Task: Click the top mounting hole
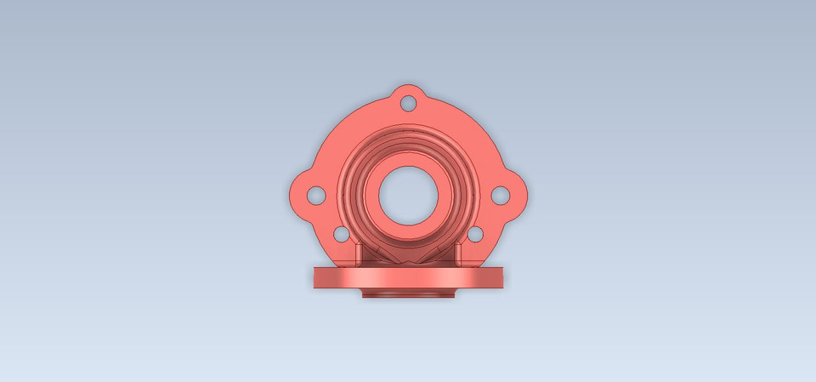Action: click(x=408, y=103)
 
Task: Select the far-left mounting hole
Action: click(x=315, y=195)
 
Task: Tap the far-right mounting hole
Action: click(x=501, y=195)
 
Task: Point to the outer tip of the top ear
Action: click(x=408, y=86)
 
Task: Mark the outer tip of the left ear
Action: click(x=291, y=195)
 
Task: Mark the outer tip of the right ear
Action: click(x=526, y=195)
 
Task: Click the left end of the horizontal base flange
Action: click(x=315, y=277)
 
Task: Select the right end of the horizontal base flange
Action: click(x=501, y=277)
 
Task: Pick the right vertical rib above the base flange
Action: click(x=458, y=254)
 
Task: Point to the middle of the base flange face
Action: click(x=408, y=278)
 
